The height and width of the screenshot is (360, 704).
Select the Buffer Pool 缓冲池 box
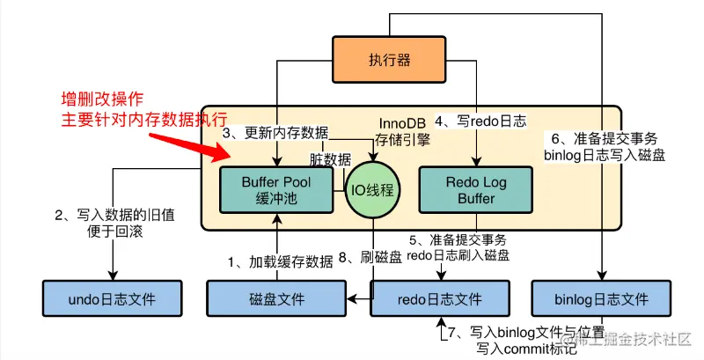tap(277, 189)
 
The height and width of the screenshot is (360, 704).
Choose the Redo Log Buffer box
tap(476, 189)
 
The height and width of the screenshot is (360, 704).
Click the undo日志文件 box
tap(112, 299)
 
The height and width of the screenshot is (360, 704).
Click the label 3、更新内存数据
tap(275, 133)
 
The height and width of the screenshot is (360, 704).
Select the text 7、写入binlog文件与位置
tap(517, 333)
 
